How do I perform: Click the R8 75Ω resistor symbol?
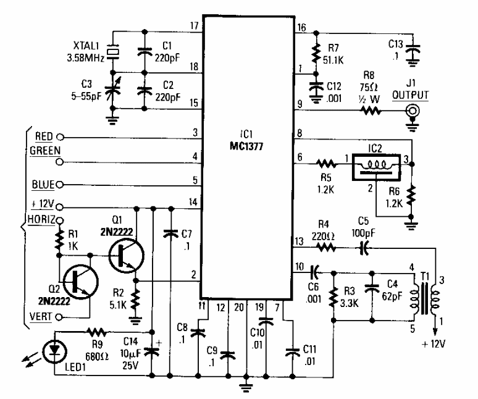[x=372, y=111]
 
